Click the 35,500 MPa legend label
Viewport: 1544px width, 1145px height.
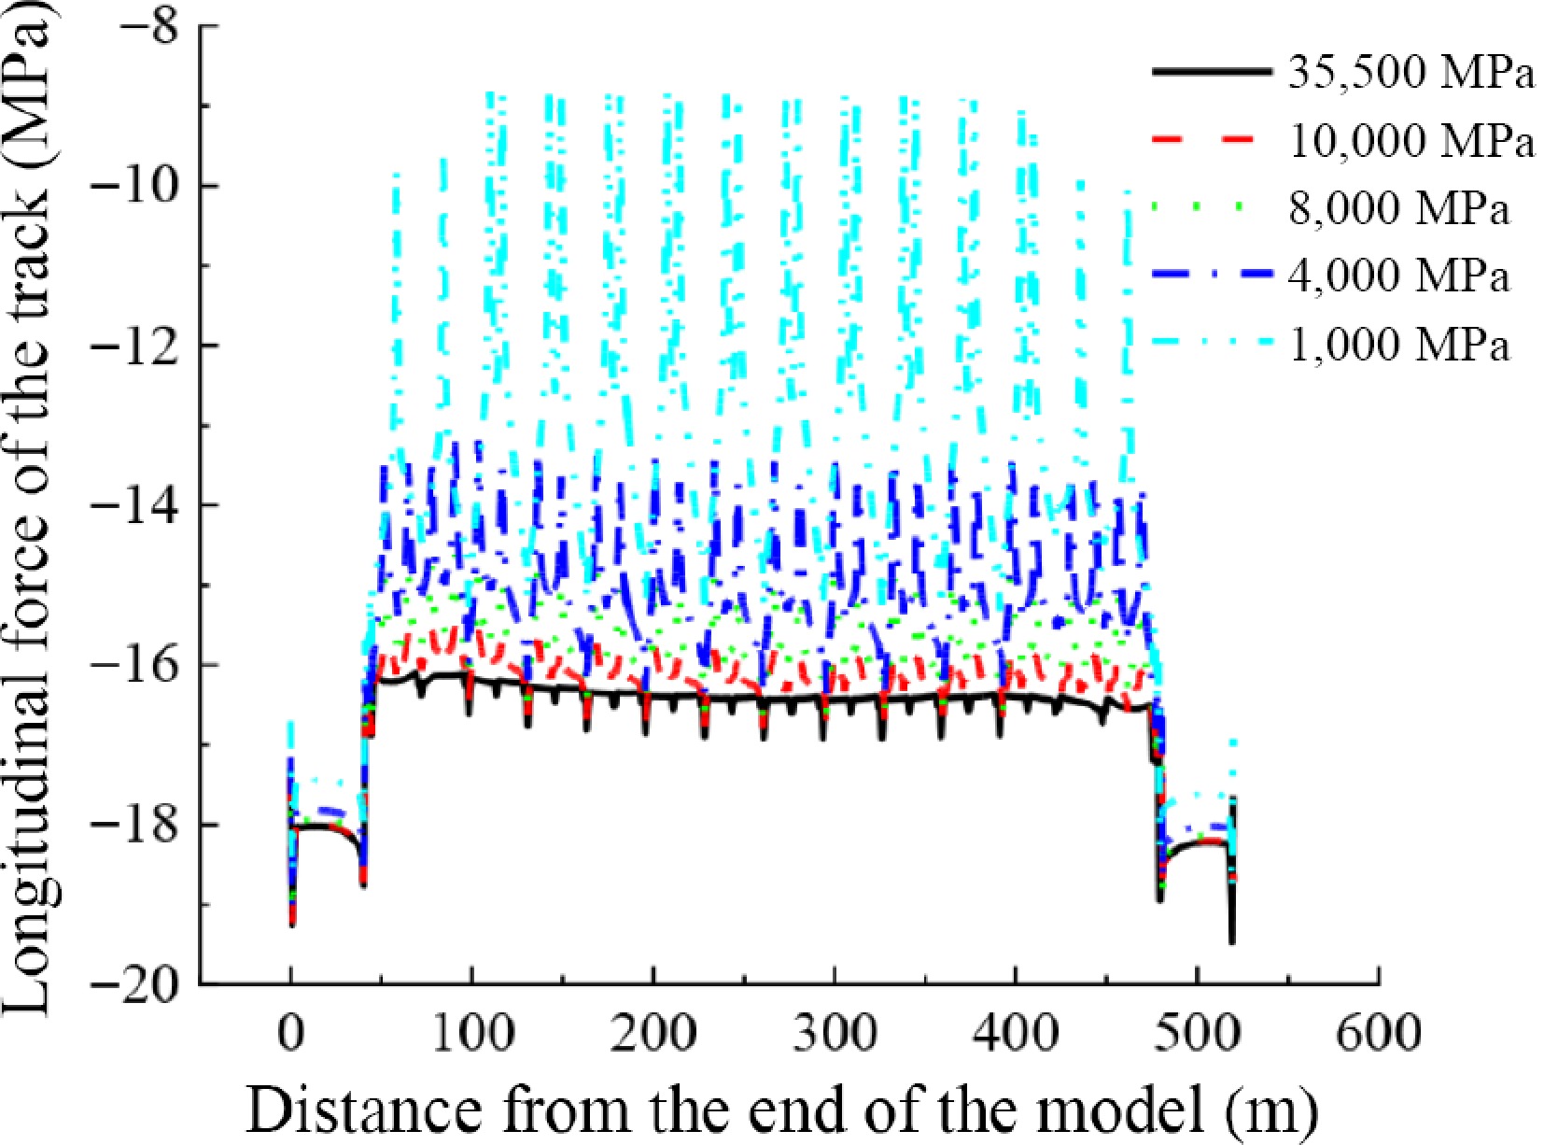point(1411,74)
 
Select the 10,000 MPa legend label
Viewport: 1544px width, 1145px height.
point(1411,142)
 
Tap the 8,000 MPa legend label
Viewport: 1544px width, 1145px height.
point(1398,209)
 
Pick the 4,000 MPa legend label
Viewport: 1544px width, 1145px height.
point(1398,277)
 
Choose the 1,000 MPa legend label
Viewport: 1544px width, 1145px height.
point(1398,346)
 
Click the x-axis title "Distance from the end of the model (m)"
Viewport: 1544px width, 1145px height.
point(782,1108)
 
